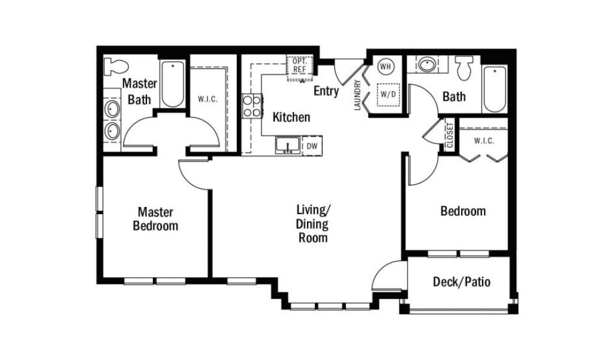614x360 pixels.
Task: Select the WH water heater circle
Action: click(x=386, y=67)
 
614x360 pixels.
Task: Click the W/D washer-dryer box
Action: click(x=388, y=94)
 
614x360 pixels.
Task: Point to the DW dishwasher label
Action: click(x=312, y=146)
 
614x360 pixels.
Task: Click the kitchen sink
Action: click(x=288, y=145)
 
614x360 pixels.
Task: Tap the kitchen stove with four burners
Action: click(x=252, y=106)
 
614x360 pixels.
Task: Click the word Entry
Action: click(x=326, y=91)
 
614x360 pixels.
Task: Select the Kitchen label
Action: click(x=291, y=117)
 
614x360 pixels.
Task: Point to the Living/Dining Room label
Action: click(x=313, y=224)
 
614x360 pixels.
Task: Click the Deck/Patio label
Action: click(x=462, y=281)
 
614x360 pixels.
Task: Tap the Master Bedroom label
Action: click(x=155, y=219)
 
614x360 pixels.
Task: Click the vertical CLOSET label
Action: click(x=450, y=135)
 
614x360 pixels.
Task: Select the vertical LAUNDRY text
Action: click(x=357, y=95)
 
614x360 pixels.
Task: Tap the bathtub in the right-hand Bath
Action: click(x=495, y=89)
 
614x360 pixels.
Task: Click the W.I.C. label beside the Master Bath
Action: click(x=207, y=99)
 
